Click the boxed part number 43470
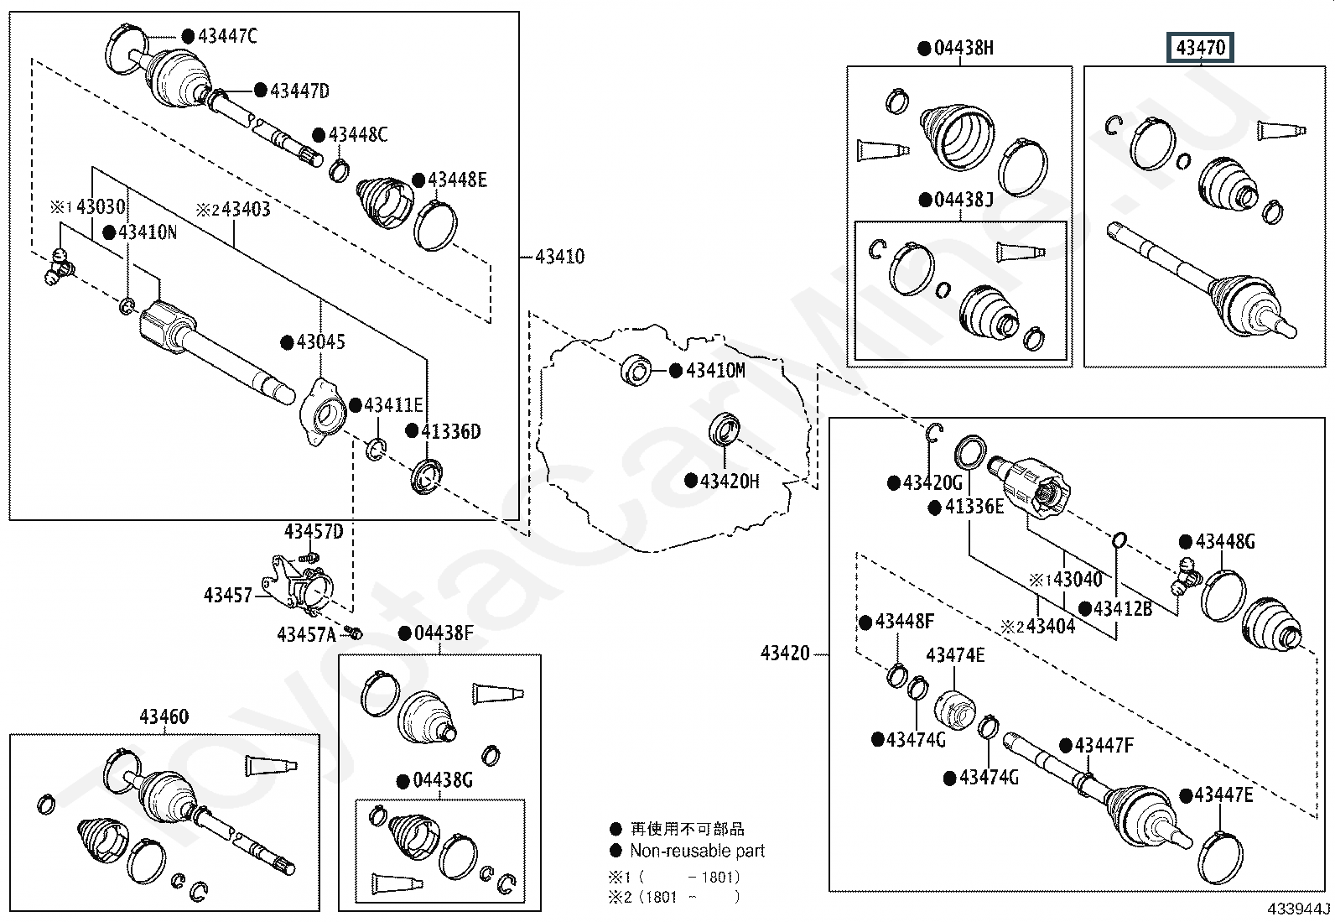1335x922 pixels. [x=1200, y=47]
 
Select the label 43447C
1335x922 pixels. [x=227, y=36]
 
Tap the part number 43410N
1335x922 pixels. [x=148, y=232]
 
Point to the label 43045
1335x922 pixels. [x=320, y=341]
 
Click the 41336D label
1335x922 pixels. [x=450, y=431]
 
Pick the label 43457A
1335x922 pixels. [x=306, y=634]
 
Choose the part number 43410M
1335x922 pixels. [x=715, y=370]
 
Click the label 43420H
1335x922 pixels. [x=730, y=481]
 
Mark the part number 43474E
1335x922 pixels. [x=955, y=655]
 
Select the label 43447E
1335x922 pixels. [x=1223, y=795]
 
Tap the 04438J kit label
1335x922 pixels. [x=964, y=199]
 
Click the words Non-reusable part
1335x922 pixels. [x=698, y=851]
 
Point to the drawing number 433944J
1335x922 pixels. [x=1298, y=909]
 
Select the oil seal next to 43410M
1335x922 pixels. [x=636, y=370]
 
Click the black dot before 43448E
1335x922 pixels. [x=418, y=180]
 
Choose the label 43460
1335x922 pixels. [x=164, y=716]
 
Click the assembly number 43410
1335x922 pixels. [x=559, y=257]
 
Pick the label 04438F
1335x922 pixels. [x=444, y=633]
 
